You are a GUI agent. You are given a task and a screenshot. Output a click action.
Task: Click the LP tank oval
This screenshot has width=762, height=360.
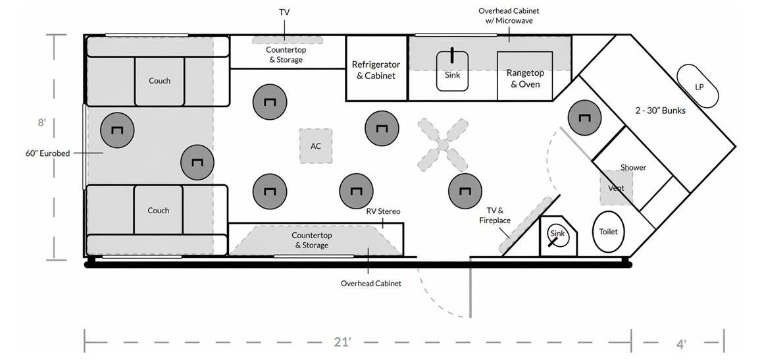pyautogui.click(x=698, y=86)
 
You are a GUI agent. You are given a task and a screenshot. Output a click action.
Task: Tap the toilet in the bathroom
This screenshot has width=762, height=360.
pyautogui.click(x=609, y=232)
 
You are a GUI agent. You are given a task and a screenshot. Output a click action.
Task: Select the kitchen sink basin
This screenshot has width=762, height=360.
pyautogui.click(x=453, y=71)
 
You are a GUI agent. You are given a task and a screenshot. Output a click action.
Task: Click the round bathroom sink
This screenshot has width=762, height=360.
pyautogui.click(x=557, y=234)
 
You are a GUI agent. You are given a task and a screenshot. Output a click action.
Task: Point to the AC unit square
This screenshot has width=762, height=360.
pyautogui.click(x=316, y=145)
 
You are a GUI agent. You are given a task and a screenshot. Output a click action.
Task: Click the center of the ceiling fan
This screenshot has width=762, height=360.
pyautogui.click(x=443, y=145)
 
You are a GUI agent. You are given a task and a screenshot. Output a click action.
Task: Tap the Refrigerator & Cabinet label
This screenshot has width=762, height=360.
pyautogui.click(x=376, y=70)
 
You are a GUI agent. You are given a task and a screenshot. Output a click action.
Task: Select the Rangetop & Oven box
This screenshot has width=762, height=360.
pyautogui.click(x=525, y=76)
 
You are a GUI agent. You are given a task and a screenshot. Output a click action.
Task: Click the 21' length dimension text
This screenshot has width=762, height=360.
pyautogui.click(x=343, y=342)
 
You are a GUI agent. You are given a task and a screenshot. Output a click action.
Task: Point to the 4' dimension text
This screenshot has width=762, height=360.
pyautogui.click(x=682, y=344)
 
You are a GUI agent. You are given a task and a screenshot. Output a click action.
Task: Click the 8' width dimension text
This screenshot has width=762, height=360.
pyautogui.click(x=42, y=122)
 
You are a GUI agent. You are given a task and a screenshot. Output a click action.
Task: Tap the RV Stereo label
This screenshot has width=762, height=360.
pyautogui.click(x=384, y=211)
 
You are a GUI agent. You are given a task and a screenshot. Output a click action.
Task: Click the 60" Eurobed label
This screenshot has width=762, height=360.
pyautogui.click(x=47, y=153)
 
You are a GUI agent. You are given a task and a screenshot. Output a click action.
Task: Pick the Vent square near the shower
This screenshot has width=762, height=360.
pyautogui.click(x=616, y=188)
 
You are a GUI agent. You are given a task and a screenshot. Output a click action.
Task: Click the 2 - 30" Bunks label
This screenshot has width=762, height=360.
pyautogui.click(x=661, y=111)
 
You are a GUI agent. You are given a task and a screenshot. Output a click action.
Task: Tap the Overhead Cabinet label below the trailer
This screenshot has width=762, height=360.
pyautogui.click(x=371, y=283)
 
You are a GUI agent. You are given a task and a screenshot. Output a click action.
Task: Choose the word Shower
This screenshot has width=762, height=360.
pyautogui.click(x=633, y=168)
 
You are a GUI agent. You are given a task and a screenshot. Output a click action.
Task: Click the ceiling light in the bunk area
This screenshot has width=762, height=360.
pyautogui.click(x=584, y=118)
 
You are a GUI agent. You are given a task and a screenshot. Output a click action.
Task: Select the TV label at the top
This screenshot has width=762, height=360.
pyautogui.click(x=284, y=12)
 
